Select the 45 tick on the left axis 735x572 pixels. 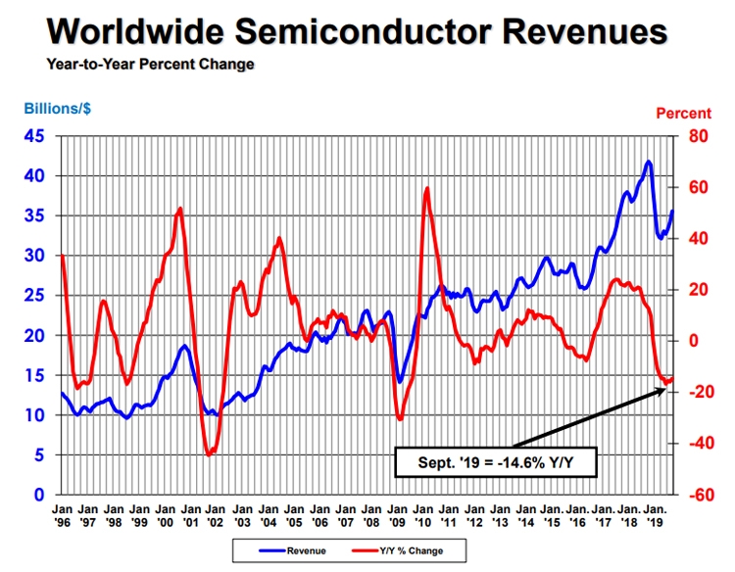coord(33,136)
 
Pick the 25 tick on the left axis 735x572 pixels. coord(33,295)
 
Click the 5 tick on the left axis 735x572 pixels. coord(38,454)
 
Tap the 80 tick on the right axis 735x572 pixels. coord(698,136)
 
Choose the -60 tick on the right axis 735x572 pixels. coord(700,495)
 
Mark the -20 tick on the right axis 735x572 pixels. coord(700,392)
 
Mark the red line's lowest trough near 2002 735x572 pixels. coord(209,454)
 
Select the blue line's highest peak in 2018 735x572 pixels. coord(649,162)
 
